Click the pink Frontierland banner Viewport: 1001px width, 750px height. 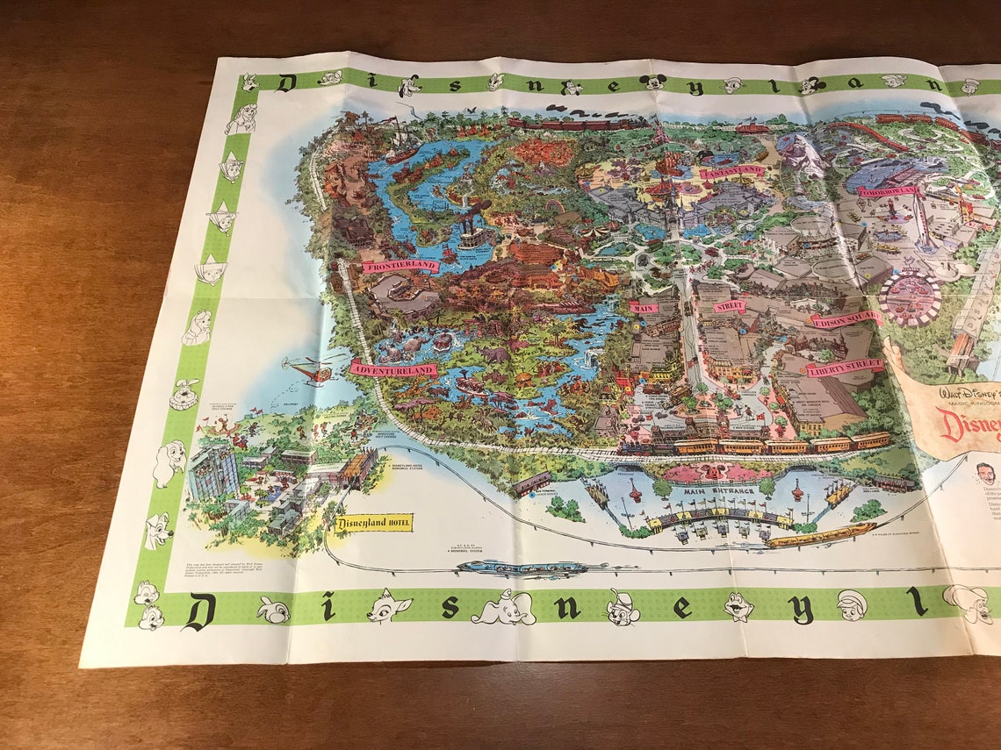click(400, 265)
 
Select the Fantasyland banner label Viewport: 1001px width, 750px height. click(732, 171)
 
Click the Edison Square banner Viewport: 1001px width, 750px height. click(846, 319)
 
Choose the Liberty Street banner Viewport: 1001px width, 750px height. click(845, 367)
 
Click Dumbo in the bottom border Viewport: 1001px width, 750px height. click(505, 607)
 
